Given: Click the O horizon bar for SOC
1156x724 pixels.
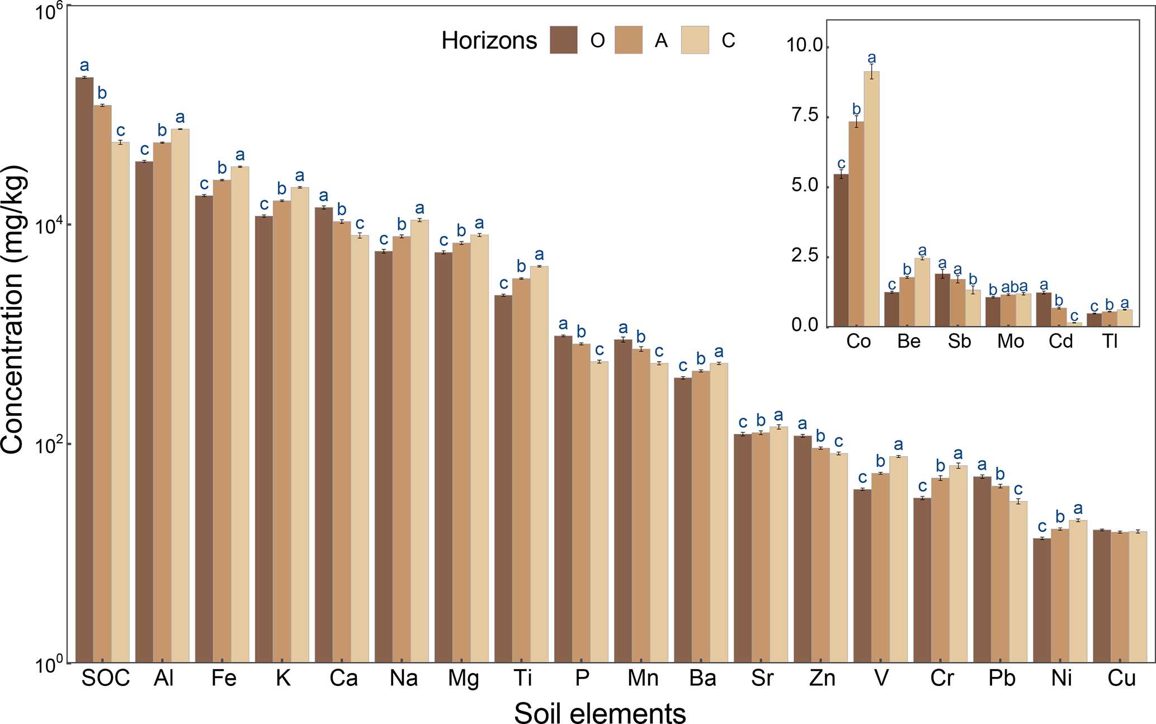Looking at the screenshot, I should tap(84, 369).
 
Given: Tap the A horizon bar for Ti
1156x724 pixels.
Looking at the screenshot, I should tap(521, 470).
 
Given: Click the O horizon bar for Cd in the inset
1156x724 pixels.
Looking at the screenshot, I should tap(1044, 309).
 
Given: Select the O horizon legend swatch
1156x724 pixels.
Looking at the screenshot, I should tap(563, 40).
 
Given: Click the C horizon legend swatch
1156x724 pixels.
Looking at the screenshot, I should tap(695, 40).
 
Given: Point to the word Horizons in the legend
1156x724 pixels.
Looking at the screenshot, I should tap(489, 41).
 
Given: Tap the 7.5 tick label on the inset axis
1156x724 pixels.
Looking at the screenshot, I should tap(805, 116).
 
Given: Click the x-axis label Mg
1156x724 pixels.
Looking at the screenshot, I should tap(463, 679).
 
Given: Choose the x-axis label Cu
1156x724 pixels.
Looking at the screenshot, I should tap(1121, 679).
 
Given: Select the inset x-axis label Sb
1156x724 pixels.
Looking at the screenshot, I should tap(959, 341).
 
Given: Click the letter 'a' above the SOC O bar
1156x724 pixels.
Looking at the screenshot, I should tap(84, 65).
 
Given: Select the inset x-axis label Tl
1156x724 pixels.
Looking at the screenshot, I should tap(1110, 341).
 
